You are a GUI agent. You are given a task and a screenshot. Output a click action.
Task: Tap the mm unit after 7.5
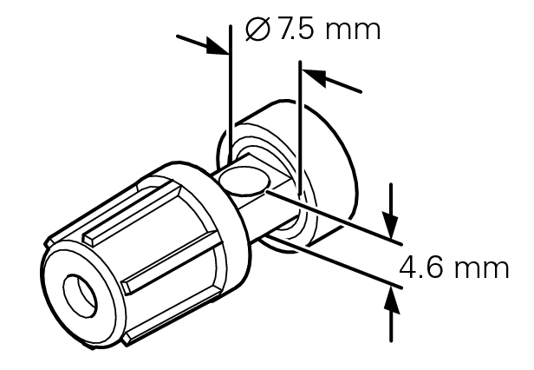pyautogui.click(x=355, y=30)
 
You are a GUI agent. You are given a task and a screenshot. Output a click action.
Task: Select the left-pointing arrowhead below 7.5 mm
pyautogui.click(x=311, y=76)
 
